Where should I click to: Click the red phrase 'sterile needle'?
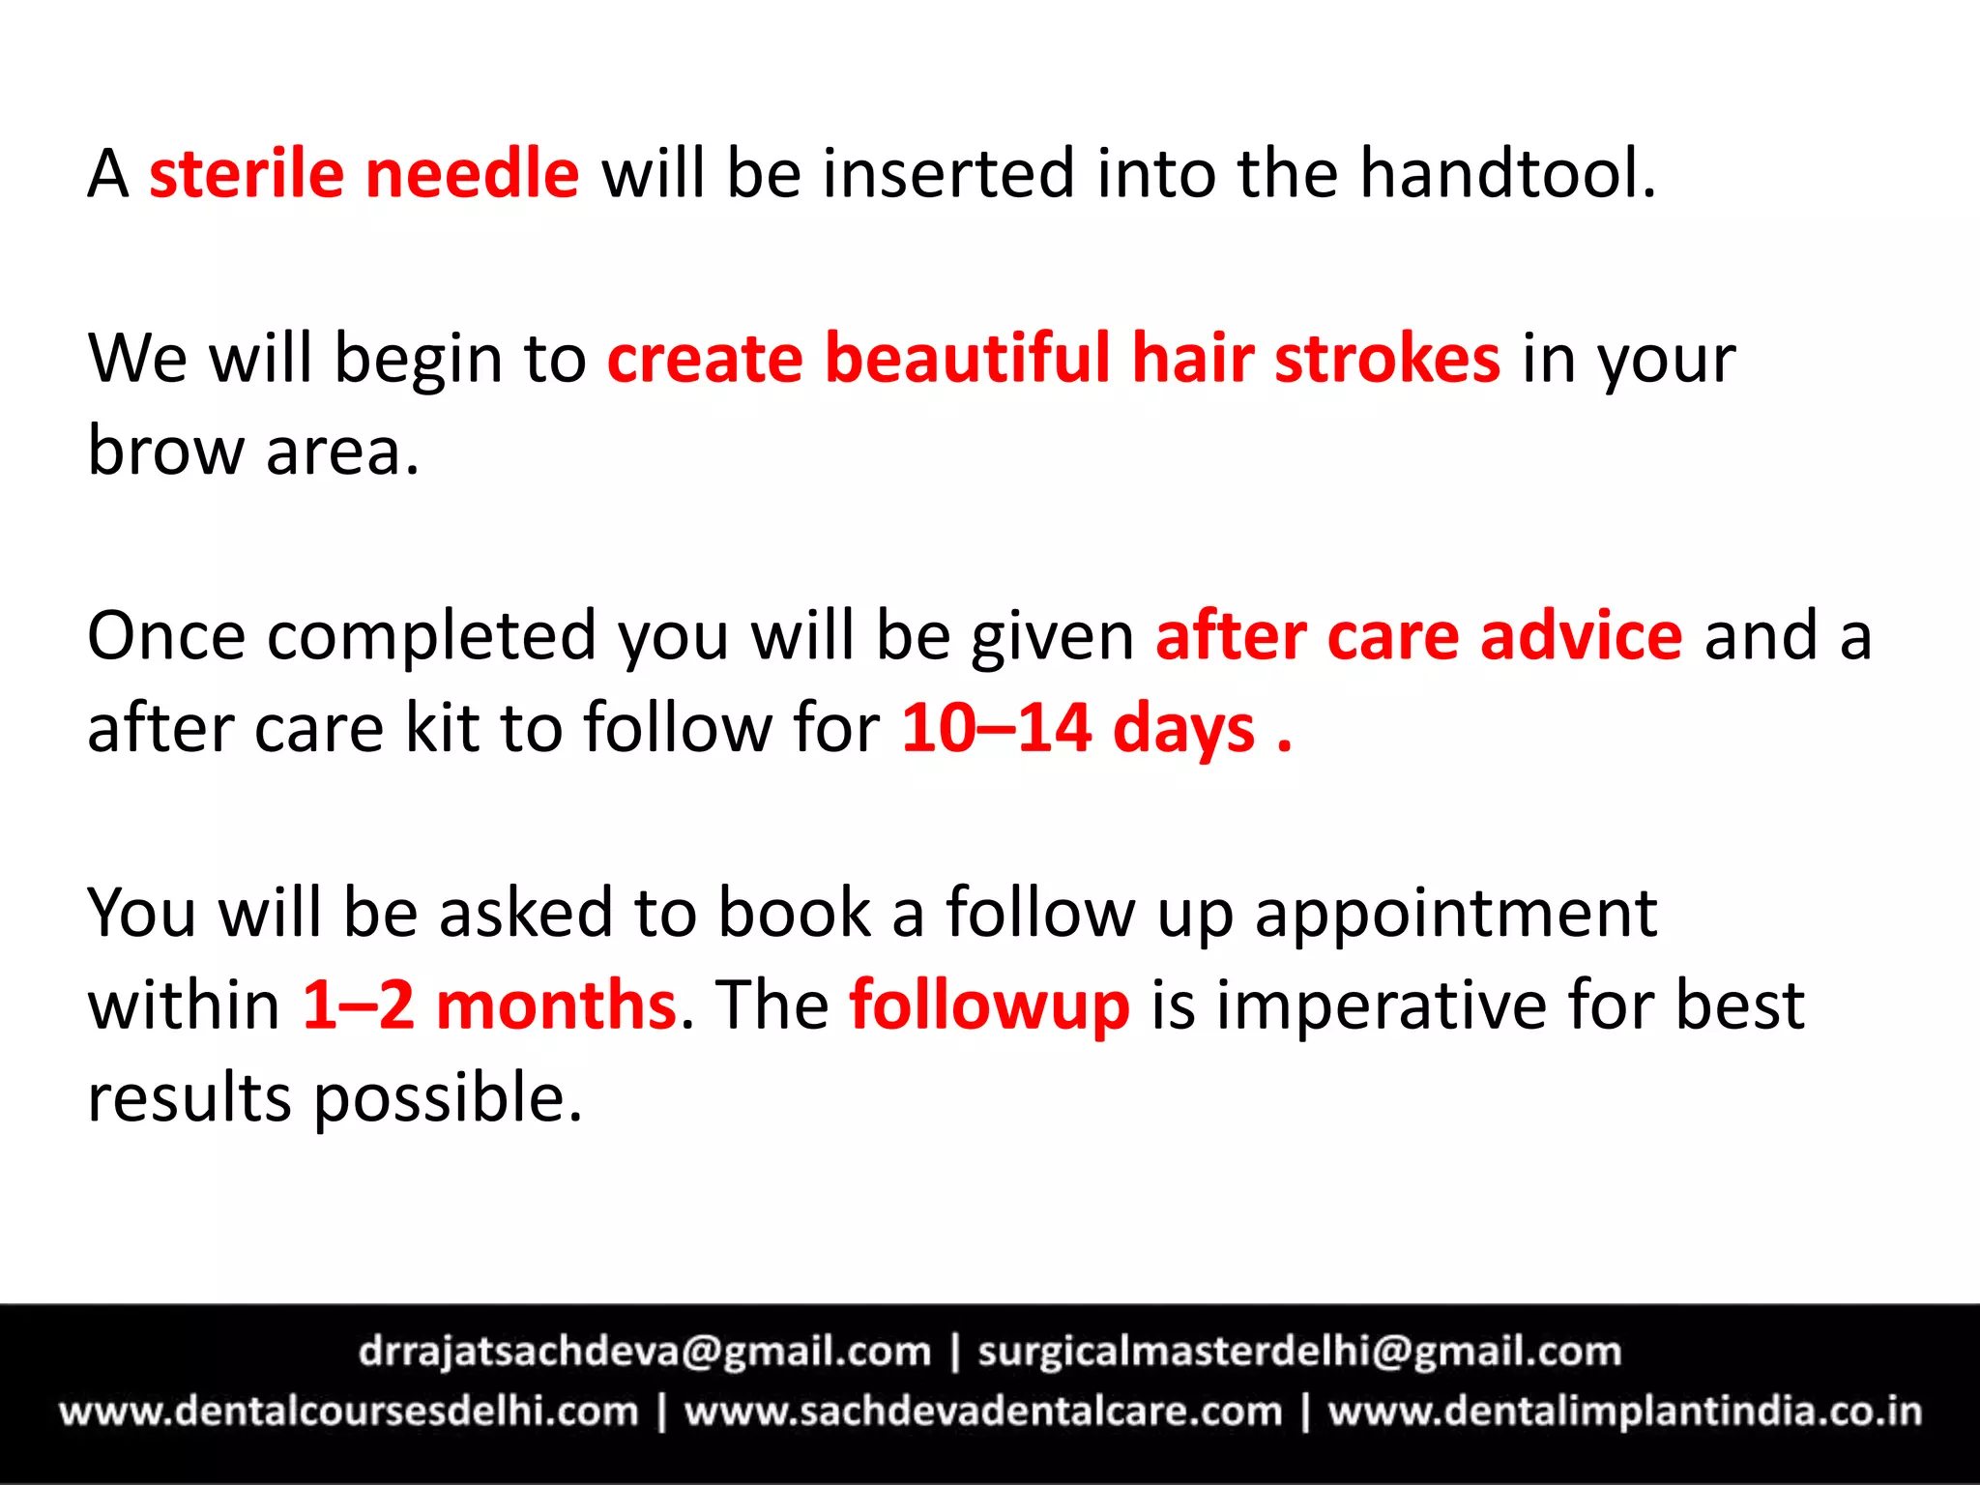364,174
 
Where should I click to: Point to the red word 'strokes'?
1387,359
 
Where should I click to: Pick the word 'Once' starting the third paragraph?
165,637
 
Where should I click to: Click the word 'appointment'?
1456,914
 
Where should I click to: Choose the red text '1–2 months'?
489,1005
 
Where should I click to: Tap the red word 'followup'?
989,1005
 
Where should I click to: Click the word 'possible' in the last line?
448,1098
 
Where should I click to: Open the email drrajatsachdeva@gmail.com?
645,1352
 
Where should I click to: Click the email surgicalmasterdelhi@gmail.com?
1299,1352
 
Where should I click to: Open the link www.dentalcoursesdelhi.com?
349,1412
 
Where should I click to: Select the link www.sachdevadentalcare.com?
983,1412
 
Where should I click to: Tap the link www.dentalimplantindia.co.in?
1625,1412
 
